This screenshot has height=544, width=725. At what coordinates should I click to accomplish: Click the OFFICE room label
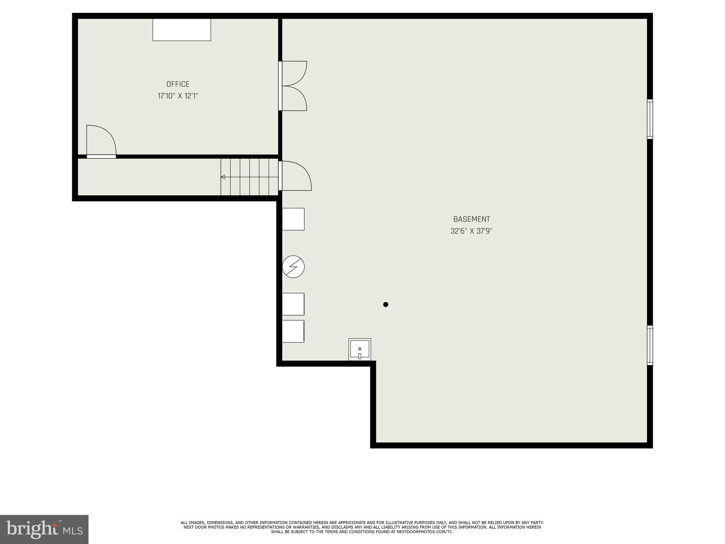pyautogui.click(x=178, y=84)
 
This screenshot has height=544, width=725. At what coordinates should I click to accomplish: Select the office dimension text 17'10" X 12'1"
pyautogui.click(x=178, y=96)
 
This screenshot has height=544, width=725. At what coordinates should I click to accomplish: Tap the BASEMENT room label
pyautogui.click(x=472, y=219)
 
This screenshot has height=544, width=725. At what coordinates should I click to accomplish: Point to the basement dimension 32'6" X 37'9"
pyautogui.click(x=472, y=231)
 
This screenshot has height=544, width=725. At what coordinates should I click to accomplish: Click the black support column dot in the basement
pyautogui.click(x=386, y=304)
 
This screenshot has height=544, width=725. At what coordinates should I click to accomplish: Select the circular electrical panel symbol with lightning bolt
pyautogui.click(x=293, y=267)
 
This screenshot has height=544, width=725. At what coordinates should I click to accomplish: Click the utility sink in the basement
pyautogui.click(x=360, y=349)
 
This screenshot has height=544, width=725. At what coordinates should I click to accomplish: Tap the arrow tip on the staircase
pyautogui.click(x=223, y=177)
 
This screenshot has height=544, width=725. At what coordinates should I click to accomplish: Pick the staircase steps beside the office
pyautogui.click(x=249, y=177)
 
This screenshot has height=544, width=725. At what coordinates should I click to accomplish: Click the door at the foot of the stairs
pyautogui.click(x=296, y=176)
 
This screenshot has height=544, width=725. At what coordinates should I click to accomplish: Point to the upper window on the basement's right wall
pyautogui.click(x=650, y=119)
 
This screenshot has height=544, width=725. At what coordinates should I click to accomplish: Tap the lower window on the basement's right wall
pyautogui.click(x=650, y=345)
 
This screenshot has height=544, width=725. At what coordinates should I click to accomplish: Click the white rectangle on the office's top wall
pyautogui.click(x=182, y=30)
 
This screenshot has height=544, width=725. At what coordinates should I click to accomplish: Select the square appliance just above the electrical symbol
pyautogui.click(x=293, y=219)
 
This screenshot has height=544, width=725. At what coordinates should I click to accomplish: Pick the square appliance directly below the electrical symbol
pyautogui.click(x=293, y=304)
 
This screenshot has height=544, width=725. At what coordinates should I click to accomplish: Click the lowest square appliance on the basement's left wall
pyautogui.click(x=293, y=331)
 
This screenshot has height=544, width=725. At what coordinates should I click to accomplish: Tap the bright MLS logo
pyautogui.click(x=44, y=529)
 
